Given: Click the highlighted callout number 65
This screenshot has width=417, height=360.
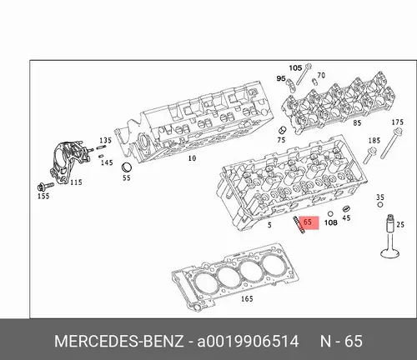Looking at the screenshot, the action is tap(308, 222).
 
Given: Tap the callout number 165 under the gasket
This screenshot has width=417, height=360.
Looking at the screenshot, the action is tap(247, 299).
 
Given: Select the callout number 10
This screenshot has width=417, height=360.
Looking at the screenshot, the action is tap(192, 158).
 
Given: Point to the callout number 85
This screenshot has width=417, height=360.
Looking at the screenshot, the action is tap(357, 122).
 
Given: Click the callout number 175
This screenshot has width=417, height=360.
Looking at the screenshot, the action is tap(398, 122).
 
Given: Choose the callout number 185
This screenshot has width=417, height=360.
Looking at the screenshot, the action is tap(374, 141).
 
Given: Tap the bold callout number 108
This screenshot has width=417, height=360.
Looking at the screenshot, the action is tap(331, 222).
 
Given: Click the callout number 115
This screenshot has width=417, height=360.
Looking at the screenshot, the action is tap(76, 182).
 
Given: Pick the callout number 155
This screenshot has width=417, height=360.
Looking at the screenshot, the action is tap(43, 197).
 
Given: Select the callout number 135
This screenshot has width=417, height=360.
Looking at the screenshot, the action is tap(105, 140).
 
